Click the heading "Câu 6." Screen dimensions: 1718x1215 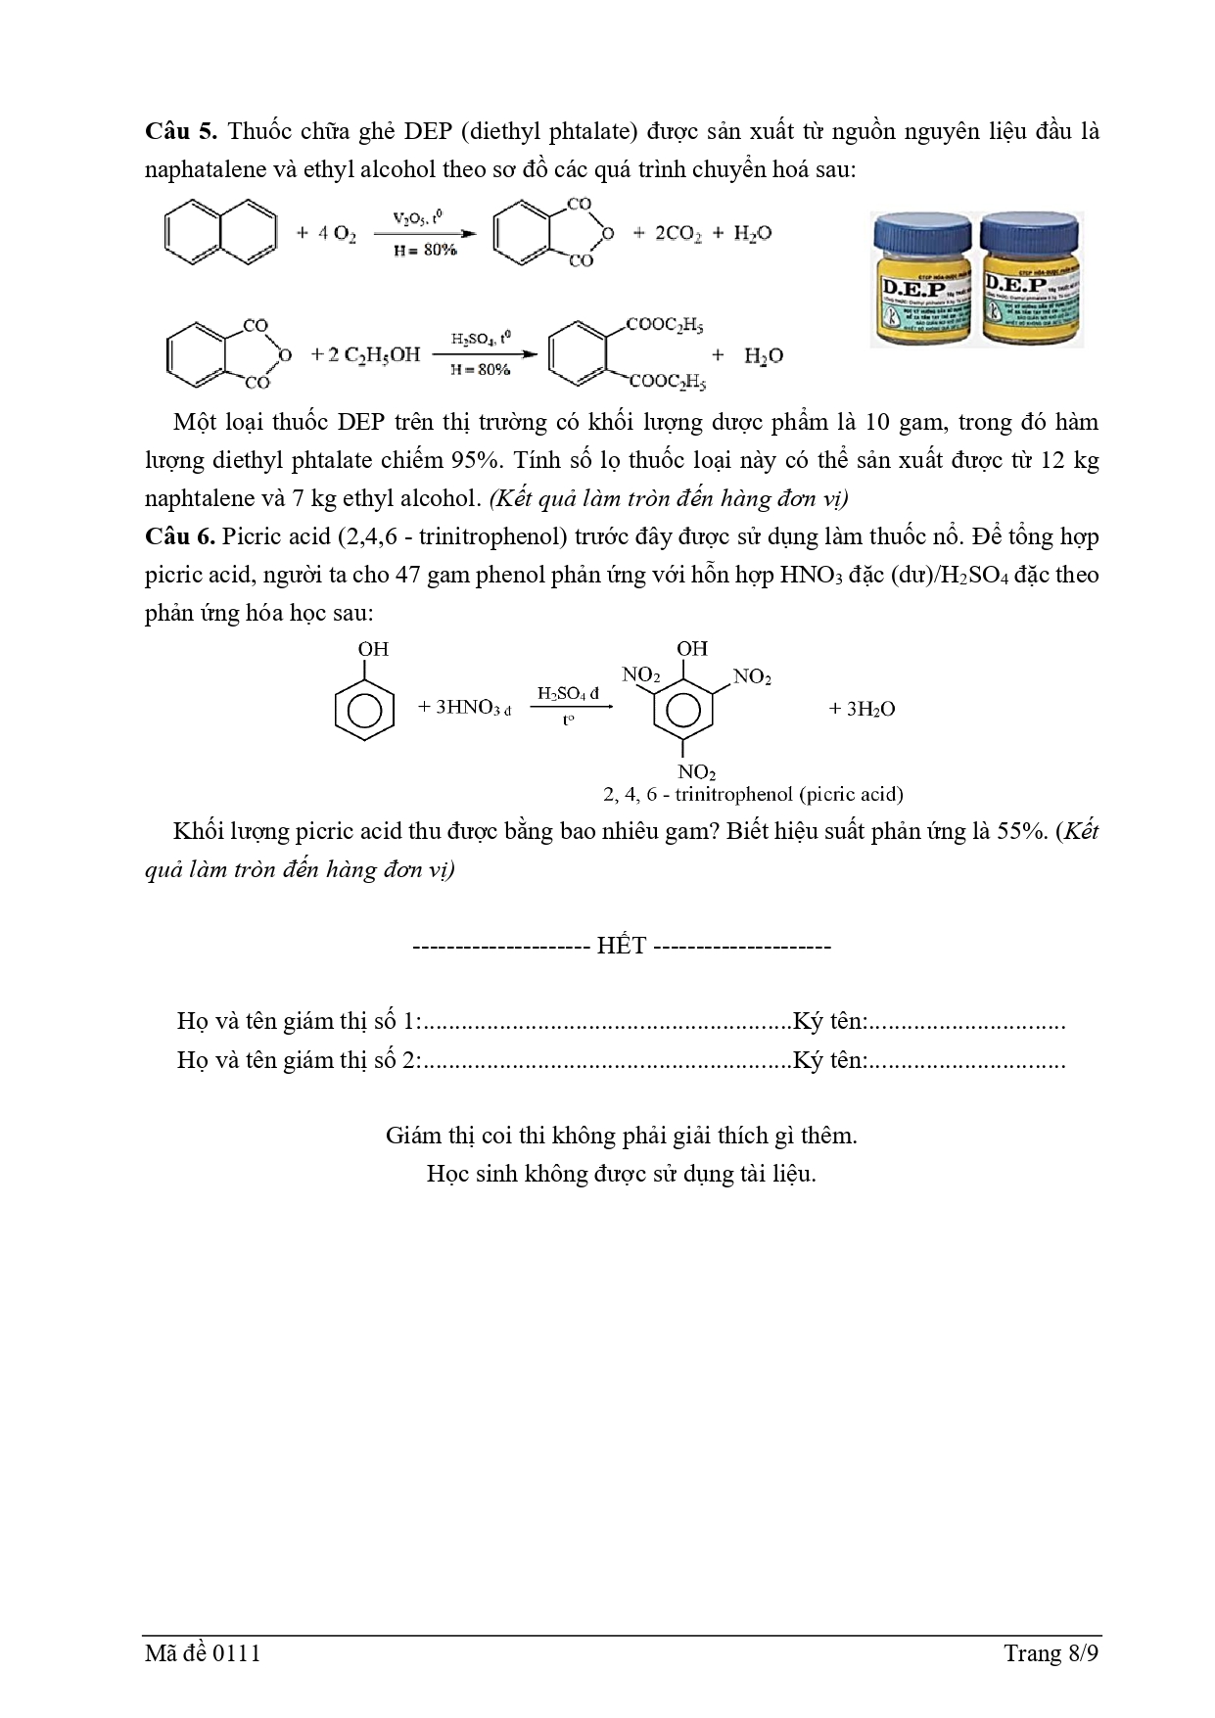[x=181, y=536]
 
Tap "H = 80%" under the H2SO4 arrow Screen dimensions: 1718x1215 [x=480, y=370]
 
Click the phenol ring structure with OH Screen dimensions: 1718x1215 [x=364, y=696]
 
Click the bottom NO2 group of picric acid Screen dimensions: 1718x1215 [x=697, y=773]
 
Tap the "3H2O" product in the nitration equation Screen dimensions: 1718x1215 [x=863, y=709]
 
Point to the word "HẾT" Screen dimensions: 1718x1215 [x=622, y=947]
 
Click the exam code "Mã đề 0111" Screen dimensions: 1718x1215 [x=203, y=1653]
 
